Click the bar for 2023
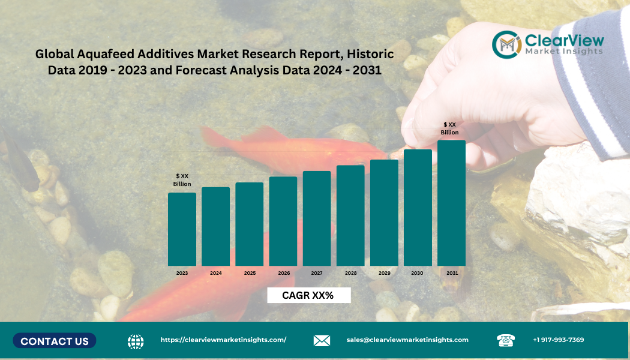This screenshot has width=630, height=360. click(182, 229)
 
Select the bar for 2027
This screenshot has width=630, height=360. click(317, 218)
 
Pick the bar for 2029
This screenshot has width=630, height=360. click(384, 212)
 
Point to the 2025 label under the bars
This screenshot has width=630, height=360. click(250, 273)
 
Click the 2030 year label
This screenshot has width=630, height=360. click(417, 273)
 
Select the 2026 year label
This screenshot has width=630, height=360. click(283, 273)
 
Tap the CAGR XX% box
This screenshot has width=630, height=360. click(308, 295)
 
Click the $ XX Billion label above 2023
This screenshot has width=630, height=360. click(182, 180)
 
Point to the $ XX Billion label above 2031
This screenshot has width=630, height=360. click(449, 128)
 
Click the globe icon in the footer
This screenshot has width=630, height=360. click(136, 341)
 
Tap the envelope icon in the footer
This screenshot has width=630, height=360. click(322, 341)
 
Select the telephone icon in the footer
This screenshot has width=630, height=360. click(506, 340)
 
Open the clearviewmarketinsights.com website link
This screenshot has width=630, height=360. click(223, 340)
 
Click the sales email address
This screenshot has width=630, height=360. click(407, 340)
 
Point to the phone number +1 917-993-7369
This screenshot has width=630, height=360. click(558, 340)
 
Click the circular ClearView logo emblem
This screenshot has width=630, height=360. click(506, 44)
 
